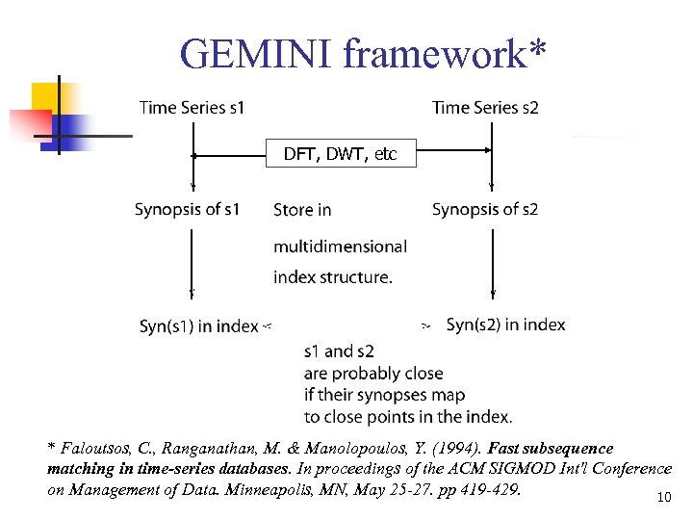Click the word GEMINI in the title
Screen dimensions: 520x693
(x=252, y=54)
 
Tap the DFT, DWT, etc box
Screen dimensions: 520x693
(x=341, y=153)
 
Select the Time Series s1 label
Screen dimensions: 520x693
(x=192, y=108)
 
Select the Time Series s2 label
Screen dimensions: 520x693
(x=485, y=108)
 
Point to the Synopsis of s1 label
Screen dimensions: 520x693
(x=187, y=209)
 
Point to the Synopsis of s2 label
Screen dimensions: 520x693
(x=485, y=209)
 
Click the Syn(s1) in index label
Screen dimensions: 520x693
(x=198, y=326)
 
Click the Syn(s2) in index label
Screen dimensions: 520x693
(x=505, y=325)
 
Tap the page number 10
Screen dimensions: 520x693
(x=662, y=498)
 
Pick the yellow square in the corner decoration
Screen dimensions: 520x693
(x=47, y=96)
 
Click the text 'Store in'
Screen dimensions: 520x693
(x=302, y=210)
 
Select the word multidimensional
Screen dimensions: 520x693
(x=340, y=247)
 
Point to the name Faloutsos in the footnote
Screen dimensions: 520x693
(x=95, y=449)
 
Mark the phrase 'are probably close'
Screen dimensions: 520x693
(x=373, y=373)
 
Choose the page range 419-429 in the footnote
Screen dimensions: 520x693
(x=488, y=489)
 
